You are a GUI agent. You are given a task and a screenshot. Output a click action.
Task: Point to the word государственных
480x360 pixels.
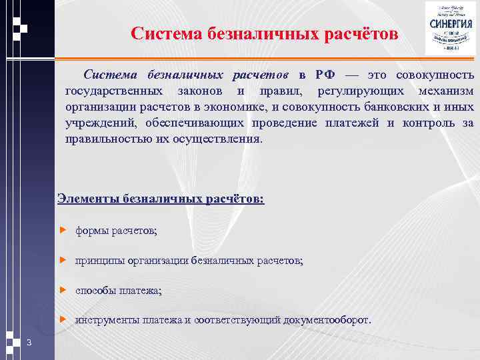coord(113,90)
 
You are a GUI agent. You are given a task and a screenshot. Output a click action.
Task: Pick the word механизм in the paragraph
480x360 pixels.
coord(447,90)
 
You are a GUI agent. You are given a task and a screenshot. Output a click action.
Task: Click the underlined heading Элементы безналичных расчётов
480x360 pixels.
coord(161,198)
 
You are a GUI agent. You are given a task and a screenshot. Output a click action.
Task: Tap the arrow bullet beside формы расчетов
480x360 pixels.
coord(64,231)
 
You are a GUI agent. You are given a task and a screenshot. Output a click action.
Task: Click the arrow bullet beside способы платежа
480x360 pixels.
coord(64,291)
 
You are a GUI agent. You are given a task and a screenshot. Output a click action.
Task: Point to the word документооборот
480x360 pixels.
coord(326,320)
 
